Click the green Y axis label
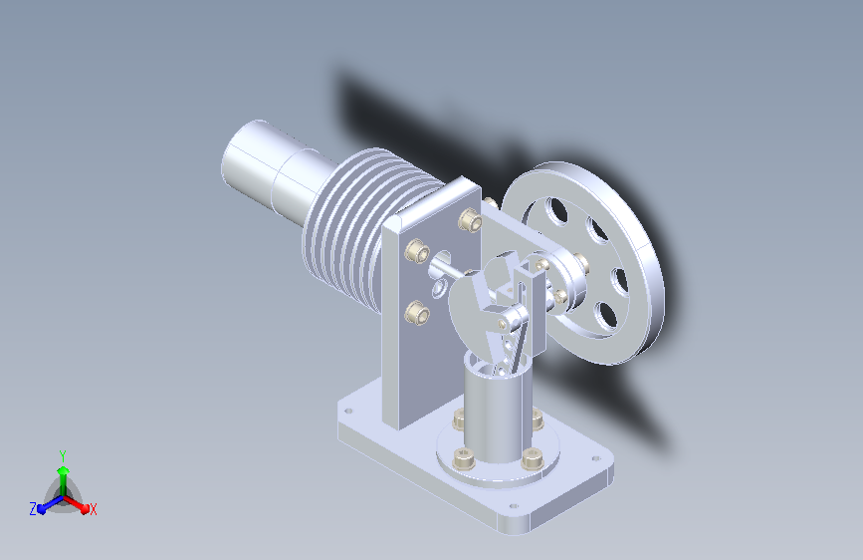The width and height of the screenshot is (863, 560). pos(63,456)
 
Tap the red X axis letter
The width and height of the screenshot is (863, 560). pos(93,509)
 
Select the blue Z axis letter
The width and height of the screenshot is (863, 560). pos(33,509)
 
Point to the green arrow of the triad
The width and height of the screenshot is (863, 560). pos(64,480)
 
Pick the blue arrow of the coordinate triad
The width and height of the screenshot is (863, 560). pos(50,504)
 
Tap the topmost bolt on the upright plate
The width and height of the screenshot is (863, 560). pos(470,219)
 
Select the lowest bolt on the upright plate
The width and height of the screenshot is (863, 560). pos(416,313)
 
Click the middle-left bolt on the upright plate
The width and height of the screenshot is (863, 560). pos(417,251)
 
